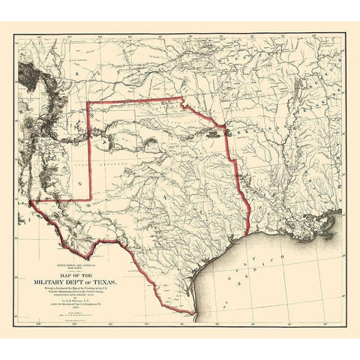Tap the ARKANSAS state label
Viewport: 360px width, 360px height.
click(x=255, y=133)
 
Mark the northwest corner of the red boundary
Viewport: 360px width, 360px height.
click(x=88, y=101)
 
